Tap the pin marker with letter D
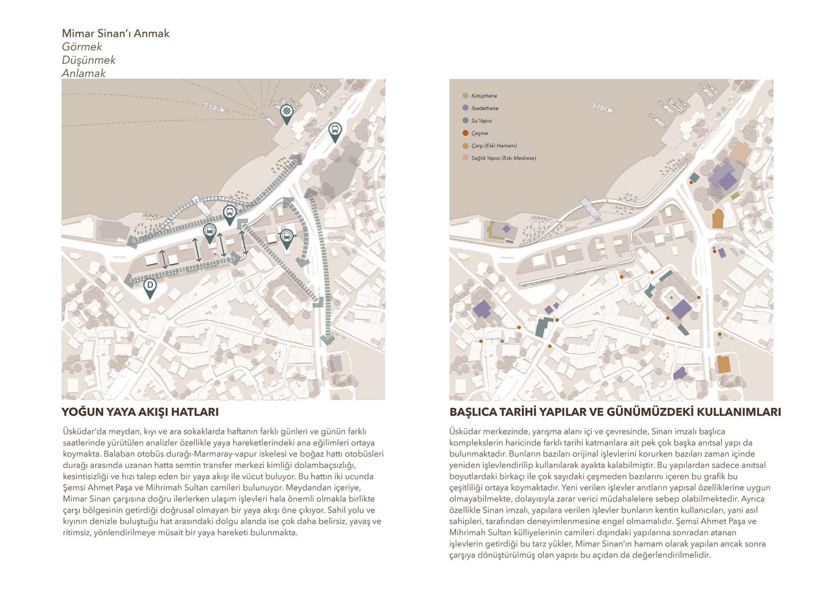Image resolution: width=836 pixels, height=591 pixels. (x=150, y=286)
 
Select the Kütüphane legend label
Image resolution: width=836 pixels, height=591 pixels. (x=484, y=96)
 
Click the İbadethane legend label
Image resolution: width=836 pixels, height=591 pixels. (x=484, y=108)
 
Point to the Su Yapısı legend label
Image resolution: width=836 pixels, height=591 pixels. (x=482, y=121)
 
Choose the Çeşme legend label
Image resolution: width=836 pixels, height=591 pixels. (x=479, y=133)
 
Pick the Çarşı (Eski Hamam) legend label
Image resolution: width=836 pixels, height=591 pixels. (x=494, y=146)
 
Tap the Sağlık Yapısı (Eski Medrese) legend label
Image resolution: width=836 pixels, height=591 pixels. (x=504, y=158)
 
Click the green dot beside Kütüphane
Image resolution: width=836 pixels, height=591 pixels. (x=465, y=96)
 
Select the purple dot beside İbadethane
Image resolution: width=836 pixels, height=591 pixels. (x=465, y=108)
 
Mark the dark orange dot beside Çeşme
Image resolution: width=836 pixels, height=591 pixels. (x=465, y=133)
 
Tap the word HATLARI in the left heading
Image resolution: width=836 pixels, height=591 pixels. (x=195, y=412)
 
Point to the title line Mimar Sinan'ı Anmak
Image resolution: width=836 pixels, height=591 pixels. (x=116, y=33)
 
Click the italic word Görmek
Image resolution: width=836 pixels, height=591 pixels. (x=82, y=47)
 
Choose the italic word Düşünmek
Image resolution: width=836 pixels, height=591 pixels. (x=89, y=60)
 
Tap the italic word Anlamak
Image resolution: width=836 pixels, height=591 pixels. (x=84, y=74)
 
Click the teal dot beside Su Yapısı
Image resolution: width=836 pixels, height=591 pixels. (x=465, y=120)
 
